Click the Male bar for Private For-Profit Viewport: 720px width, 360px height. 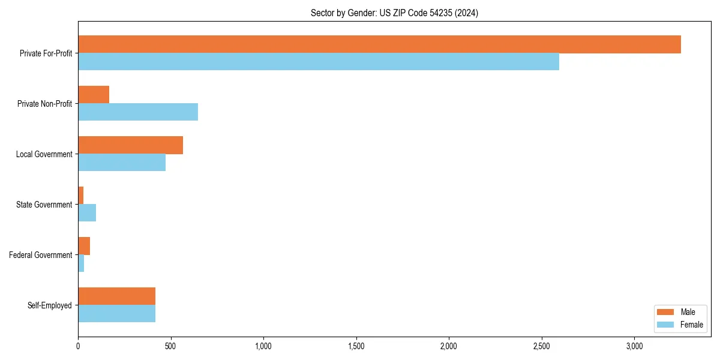coord(379,44)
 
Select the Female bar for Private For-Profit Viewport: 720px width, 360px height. coord(319,62)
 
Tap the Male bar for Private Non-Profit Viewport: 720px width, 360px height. coord(94,95)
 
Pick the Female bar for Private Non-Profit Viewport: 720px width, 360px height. coord(138,112)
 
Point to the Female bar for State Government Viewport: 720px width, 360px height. coord(87,213)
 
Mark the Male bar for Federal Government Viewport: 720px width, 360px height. coord(84,246)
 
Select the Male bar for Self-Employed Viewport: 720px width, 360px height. coord(116,296)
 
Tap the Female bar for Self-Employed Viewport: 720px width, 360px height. coord(116,314)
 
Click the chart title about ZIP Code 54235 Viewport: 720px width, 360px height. coord(394,13)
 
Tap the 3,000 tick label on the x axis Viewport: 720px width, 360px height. coord(634,346)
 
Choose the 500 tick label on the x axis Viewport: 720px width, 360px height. coord(171,346)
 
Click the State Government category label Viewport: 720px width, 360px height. coord(44,205)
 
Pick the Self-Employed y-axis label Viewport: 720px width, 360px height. coord(49,305)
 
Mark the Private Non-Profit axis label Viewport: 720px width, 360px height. coord(44,104)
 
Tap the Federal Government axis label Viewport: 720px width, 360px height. coord(40,255)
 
